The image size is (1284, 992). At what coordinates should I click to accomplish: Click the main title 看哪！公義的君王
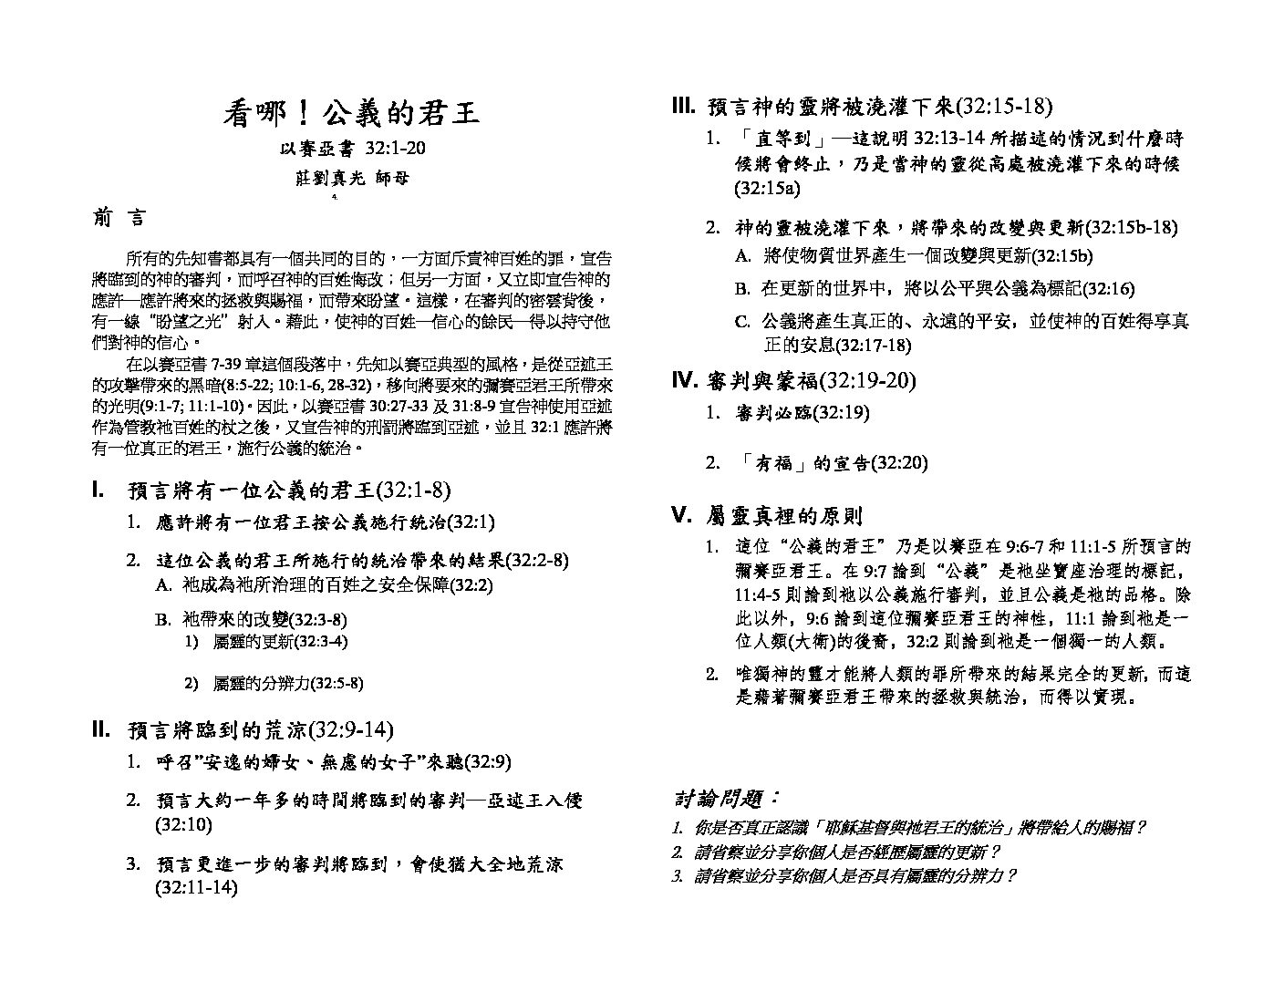click(351, 114)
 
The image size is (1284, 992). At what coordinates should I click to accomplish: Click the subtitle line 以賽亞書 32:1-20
click(351, 149)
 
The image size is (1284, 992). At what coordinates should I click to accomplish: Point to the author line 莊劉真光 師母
click(352, 178)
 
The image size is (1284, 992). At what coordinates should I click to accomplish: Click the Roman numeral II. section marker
click(101, 729)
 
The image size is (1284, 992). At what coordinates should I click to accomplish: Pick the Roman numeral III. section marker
click(683, 107)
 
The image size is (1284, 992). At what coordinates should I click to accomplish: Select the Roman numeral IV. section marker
click(684, 380)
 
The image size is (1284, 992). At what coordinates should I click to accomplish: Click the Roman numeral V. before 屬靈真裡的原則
click(681, 516)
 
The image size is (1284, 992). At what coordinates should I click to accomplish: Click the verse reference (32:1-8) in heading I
click(414, 491)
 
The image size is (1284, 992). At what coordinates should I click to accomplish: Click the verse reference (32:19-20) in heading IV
click(868, 380)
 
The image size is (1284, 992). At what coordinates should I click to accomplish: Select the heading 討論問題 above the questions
click(727, 799)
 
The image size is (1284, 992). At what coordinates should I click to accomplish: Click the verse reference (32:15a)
click(767, 189)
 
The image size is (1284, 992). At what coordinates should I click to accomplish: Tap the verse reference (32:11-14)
click(196, 887)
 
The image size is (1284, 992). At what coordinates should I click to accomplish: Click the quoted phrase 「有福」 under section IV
click(772, 463)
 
